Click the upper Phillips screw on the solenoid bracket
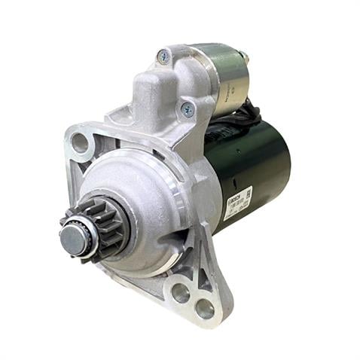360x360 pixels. [x=163, y=56]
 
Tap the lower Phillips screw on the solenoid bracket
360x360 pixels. [x=185, y=110]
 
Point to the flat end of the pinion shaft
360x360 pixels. [x=72, y=239]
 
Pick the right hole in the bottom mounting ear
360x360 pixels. [x=204, y=307]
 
